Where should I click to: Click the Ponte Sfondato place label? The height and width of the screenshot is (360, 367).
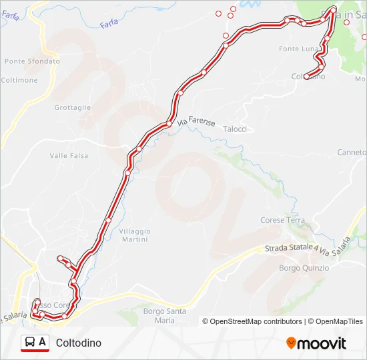tap(32, 61)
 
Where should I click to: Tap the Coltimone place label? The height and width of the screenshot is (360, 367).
tap(19, 80)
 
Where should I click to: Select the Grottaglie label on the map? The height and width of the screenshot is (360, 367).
tap(72, 107)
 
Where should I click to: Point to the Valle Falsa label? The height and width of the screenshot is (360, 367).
tap(69, 156)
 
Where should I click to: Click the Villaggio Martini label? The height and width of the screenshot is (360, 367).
tap(135, 235)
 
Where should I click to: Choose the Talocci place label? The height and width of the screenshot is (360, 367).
tap(235, 129)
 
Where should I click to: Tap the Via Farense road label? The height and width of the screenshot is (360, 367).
tap(197, 122)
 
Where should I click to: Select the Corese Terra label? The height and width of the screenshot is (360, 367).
tap(282, 220)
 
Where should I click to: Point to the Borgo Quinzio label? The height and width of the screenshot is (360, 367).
tap(304, 268)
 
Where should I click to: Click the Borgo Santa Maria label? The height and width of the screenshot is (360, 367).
tap(164, 315)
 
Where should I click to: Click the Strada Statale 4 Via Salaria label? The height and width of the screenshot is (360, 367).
tap(307, 247)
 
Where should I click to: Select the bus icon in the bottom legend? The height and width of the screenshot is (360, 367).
tap(29, 343)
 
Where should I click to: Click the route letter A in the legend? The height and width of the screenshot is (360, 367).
tap(43, 342)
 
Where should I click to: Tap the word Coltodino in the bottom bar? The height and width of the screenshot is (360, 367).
tap(79, 343)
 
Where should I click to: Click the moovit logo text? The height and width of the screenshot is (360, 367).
tap(322, 343)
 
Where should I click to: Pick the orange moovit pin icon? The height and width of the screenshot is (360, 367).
tap(291, 343)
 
